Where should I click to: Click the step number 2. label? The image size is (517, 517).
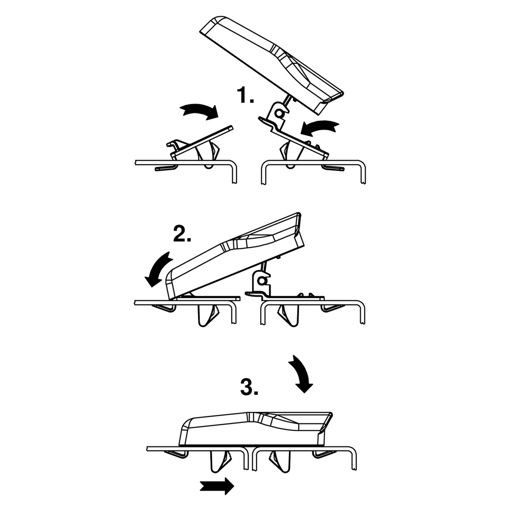[182, 234]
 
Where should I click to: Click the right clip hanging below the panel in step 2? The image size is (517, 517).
[288, 315]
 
